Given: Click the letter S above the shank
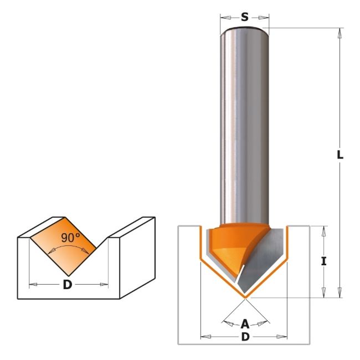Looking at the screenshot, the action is pos(245,17).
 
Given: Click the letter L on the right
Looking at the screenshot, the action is pos(340,155).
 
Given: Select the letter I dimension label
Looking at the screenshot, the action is pos(324,261).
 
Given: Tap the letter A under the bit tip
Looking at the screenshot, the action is pos(245,325).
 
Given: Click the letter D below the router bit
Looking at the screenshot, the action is pos(245,337).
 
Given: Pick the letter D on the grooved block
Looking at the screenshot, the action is pos(67,285).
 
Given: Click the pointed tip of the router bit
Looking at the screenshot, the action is pos(245,298).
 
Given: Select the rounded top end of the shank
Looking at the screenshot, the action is pos(244,30).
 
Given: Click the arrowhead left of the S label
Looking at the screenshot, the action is pos(227,18).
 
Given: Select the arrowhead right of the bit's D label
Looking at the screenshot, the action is pos(281,337).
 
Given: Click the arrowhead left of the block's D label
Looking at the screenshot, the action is pos(33,285).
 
